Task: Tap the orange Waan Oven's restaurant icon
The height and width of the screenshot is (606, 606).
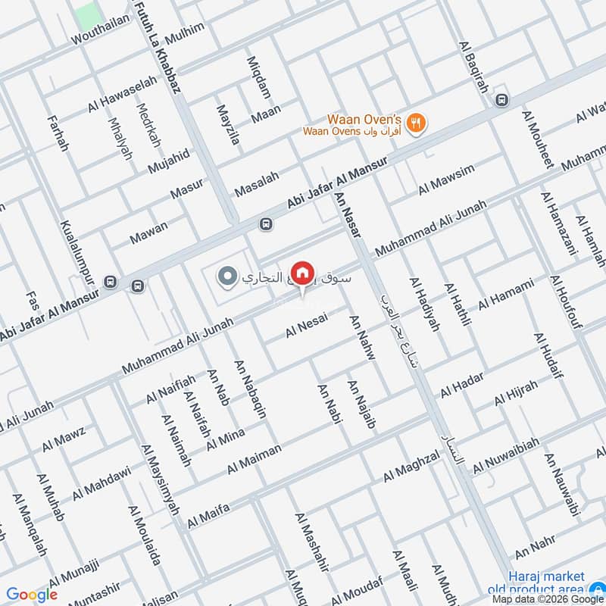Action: click(415, 123)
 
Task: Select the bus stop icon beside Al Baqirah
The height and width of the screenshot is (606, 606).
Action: click(500, 100)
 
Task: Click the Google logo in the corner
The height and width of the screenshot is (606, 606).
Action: click(32, 595)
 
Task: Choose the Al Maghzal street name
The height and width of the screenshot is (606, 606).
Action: click(411, 466)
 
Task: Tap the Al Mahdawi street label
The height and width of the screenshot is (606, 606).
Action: click(102, 483)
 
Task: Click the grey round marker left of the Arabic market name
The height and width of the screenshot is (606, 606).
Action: click(226, 277)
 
